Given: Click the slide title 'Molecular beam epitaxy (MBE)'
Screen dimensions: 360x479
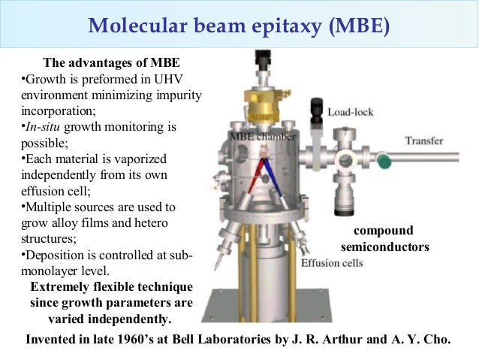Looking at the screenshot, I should [x=239, y=27].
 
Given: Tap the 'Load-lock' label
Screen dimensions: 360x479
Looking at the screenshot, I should [x=351, y=112].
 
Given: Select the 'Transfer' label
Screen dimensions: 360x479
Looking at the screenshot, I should [x=424, y=141].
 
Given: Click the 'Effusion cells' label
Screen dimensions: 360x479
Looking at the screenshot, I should [x=333, y=263].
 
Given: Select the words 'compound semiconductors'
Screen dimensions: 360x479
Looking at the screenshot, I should [x=384, y=237].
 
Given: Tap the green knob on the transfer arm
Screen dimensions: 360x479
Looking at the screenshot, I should [x=384, y=159].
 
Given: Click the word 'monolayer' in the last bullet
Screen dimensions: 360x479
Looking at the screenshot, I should [x=50, y=271].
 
